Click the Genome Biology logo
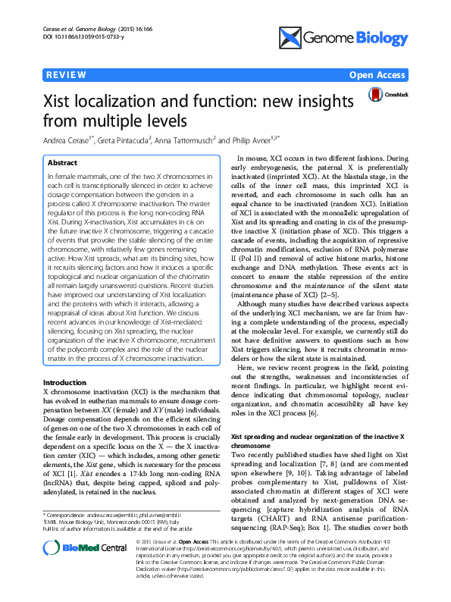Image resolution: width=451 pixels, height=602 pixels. [344, 35]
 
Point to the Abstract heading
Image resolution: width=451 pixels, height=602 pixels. [62, 163]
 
